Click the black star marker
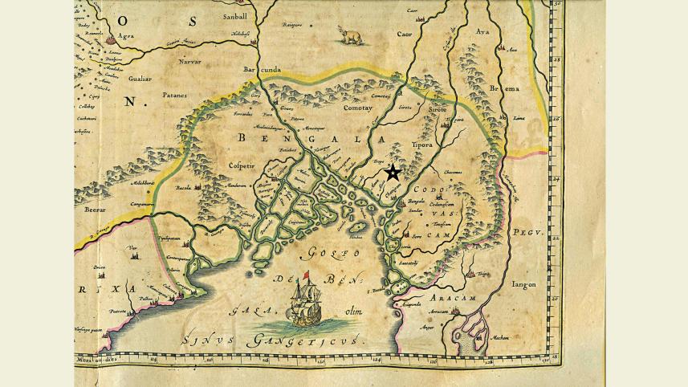coord(393,173)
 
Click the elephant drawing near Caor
coord(349,36)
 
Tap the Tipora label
coord(446,145)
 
